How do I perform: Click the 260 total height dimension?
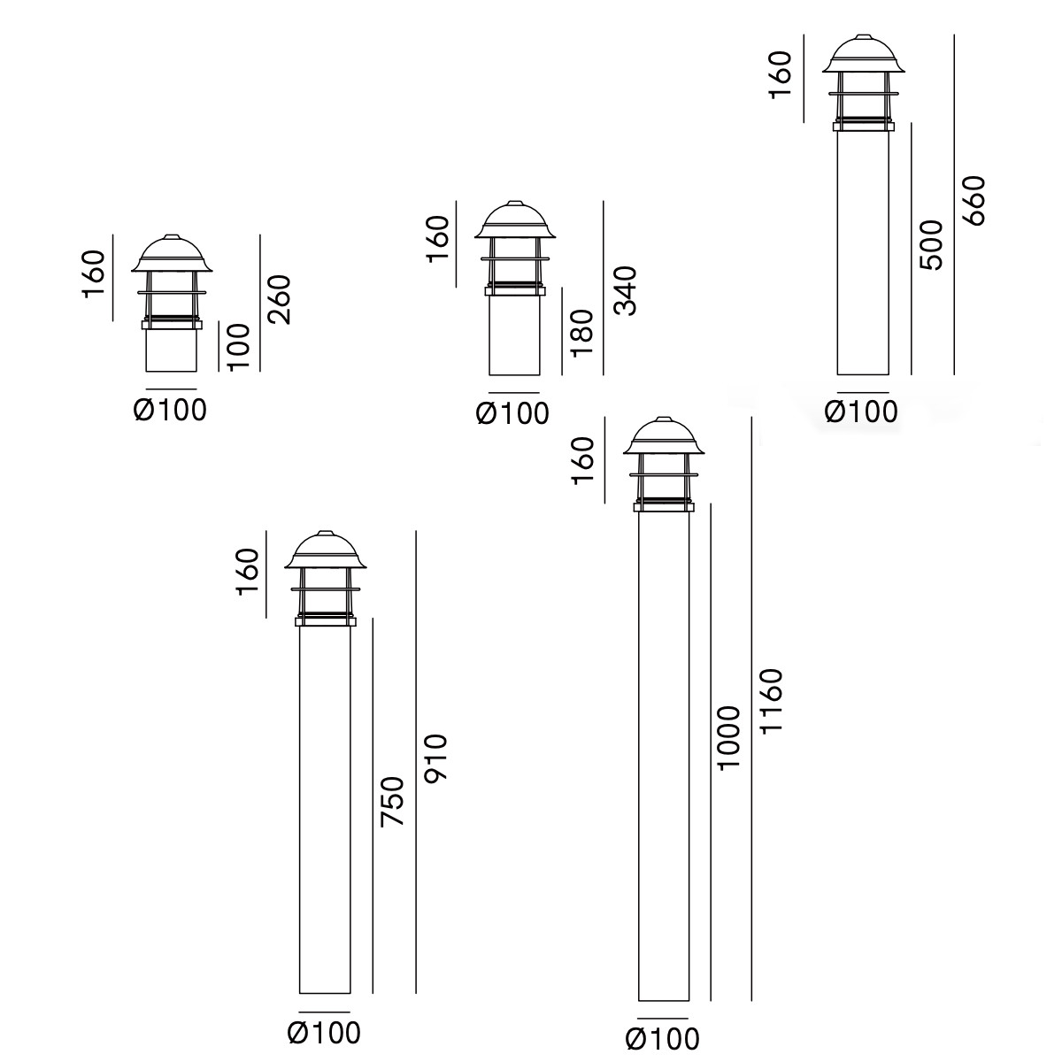tap(279, 299)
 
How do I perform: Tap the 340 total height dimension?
tap(625, 290)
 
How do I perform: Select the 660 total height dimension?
tap(973, 201)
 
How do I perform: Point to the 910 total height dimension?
tap(436, 758)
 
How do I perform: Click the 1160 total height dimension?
tap(771, 700)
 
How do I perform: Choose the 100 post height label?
tap(238, 347)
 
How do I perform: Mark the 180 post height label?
tap(582, 333)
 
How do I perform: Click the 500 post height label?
tap(931, 244)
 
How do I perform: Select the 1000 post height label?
tap(728, 737)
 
